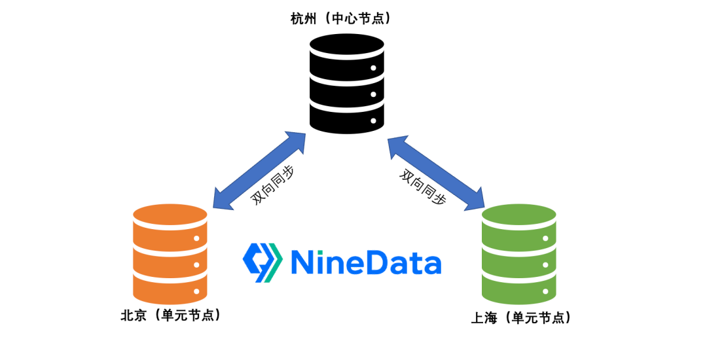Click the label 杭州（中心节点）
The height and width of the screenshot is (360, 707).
[341, 18]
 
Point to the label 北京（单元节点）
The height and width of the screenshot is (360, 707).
[170, 315]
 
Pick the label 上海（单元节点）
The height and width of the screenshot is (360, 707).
[521, 318]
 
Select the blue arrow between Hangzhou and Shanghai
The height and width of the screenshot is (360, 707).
[435, 173]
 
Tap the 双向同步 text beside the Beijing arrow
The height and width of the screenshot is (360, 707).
[272, 187]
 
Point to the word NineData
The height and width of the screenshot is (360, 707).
[365, 262]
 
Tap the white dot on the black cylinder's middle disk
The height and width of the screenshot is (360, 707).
[374, 95]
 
